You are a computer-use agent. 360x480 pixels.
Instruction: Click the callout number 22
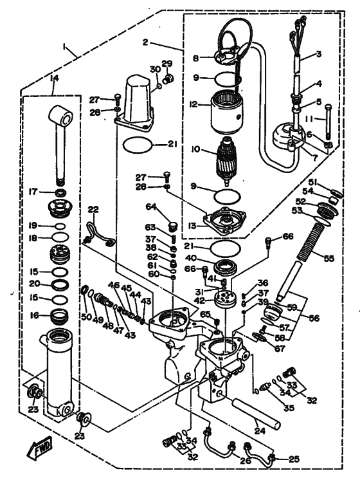click(x=93, y=210)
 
